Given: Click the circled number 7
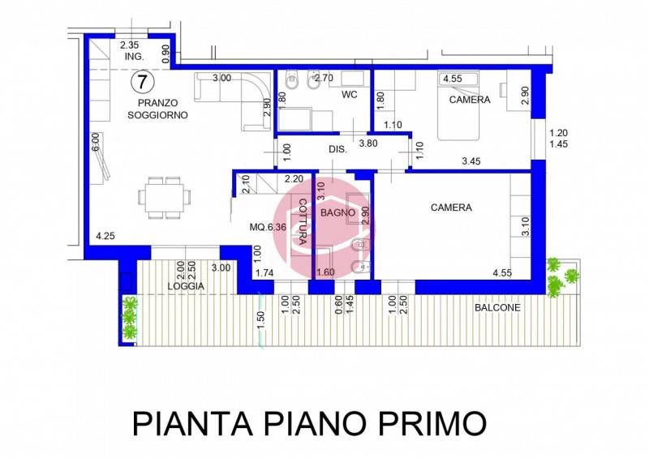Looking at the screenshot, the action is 142,82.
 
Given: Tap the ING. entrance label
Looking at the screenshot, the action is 135,57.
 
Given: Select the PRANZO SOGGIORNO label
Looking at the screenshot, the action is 157,109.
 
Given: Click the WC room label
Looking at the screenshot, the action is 350,95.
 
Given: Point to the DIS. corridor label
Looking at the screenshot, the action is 337,149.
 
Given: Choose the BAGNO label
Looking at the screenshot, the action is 337,213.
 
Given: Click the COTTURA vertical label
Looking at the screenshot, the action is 302,222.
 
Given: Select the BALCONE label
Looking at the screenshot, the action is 497,308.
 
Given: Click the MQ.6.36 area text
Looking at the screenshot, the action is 268,227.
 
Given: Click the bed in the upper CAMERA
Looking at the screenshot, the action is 458,105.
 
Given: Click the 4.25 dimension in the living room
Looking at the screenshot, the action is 105,236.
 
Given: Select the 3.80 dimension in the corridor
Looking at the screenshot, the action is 368,143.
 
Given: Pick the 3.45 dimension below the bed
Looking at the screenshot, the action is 471,161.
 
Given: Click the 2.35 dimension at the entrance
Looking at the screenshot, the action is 129,45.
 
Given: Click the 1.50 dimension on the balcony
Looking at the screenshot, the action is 260,321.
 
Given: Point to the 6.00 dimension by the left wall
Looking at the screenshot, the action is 96,142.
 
